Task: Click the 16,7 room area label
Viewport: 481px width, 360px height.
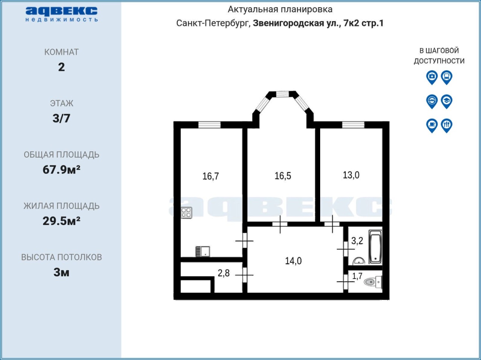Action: tap(210, 176)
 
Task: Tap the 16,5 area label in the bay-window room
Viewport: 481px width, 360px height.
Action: tap(283, 176)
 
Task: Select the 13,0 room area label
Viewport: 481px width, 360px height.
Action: tap(351, 175)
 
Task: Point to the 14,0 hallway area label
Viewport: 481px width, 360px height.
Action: tap(293, 261)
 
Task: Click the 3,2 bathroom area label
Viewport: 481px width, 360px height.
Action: tap(357, 241)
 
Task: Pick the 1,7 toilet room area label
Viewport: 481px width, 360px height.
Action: tap(357, 276)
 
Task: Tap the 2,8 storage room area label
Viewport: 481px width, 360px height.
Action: tap(224, 273)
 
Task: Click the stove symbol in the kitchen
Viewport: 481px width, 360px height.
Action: tap(186, 213)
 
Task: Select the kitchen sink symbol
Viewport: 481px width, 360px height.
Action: tap(203, 252)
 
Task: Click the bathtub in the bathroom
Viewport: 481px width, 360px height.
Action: tap(376, 247)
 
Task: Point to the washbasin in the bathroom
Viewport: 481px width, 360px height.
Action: tap(359, 261)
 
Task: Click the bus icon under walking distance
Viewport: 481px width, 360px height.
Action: tap(446, 77)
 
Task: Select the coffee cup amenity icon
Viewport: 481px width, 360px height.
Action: tap(432, 126)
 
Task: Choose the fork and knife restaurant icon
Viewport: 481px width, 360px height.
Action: tap(446, 126)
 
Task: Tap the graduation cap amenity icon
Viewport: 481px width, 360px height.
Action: tap(446, 101)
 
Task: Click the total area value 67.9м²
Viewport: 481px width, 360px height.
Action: tap(62, 170)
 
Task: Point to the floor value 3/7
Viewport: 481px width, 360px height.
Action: tap(61, 118)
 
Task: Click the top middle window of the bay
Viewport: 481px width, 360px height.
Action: tap(283, 94)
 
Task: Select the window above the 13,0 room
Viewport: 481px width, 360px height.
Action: tap(353, 125)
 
